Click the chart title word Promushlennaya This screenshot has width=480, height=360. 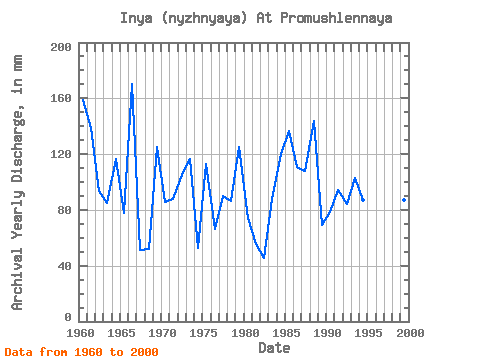[336, 18]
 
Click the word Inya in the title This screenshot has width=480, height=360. [136, 18]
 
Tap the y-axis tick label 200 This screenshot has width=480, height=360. [61, 47]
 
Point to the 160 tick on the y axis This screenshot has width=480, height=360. [61, 98]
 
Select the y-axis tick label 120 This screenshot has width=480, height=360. [61, 154]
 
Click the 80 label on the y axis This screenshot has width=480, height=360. [65, 210]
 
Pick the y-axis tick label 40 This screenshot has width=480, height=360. [65, 266]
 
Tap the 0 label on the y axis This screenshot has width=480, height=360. [68, 317]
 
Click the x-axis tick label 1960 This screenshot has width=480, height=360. [80, 333]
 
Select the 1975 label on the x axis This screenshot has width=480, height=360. [203, 333]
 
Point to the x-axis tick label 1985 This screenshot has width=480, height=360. [286, 333]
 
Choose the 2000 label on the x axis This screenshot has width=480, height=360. [410, 333]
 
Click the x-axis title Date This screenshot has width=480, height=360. [274, 348]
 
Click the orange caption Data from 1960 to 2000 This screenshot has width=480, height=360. [82, 352]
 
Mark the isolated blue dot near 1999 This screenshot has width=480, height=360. [404, 200]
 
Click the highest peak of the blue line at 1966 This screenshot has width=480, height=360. [132, 84]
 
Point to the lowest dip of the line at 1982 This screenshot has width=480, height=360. [264, 258]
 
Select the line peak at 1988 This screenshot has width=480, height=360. [314, 121]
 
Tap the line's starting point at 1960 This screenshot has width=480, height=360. [83, 99]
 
